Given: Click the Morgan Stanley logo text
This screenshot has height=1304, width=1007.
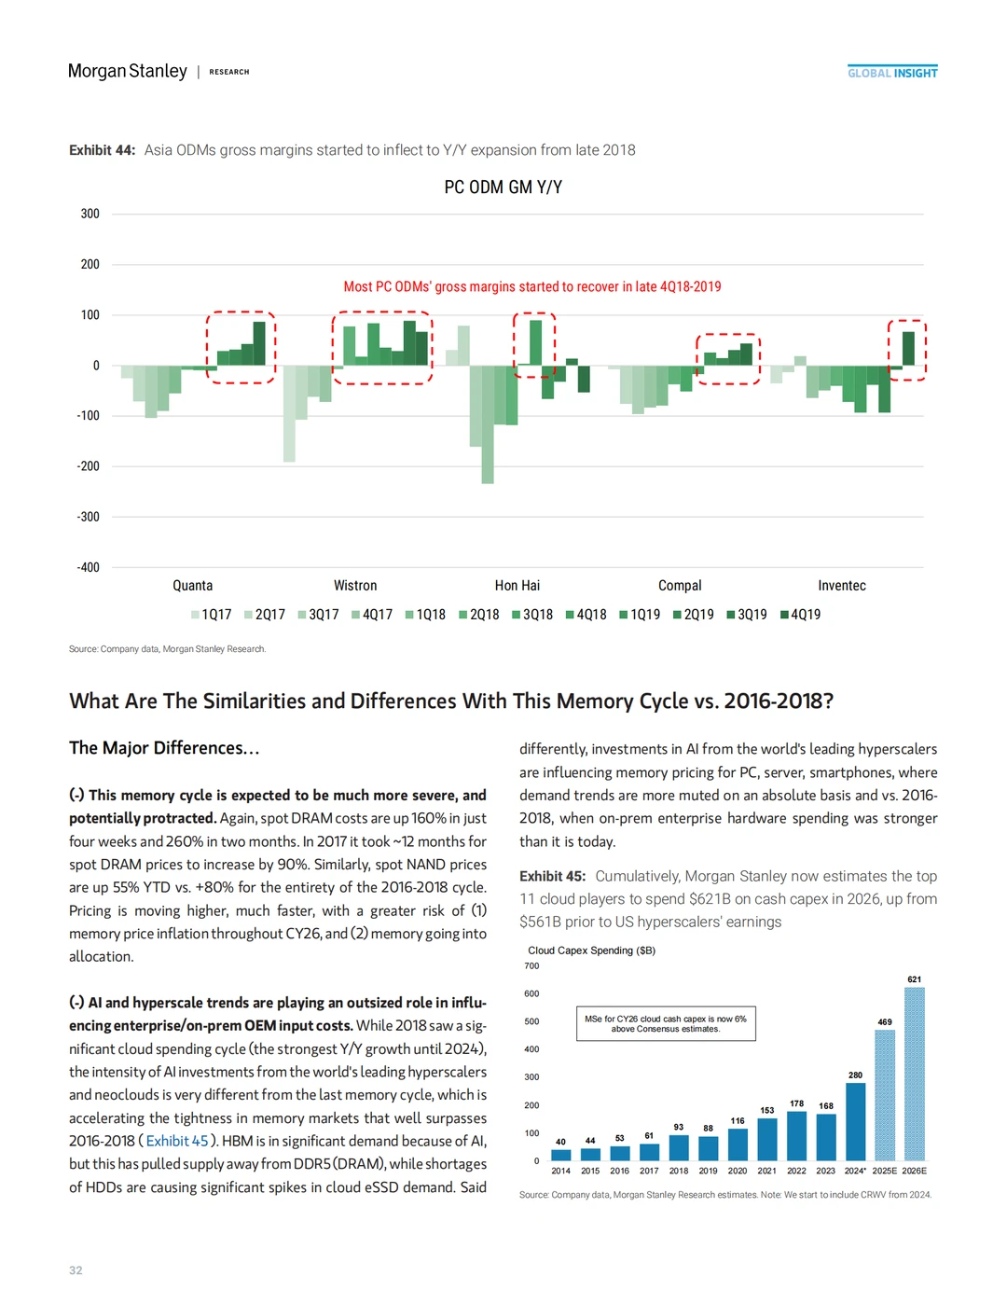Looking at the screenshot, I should click(128, 71).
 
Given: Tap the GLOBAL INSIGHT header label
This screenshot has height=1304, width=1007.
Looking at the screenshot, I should click(892, 73).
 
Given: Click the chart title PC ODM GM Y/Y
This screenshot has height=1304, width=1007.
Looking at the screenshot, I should click(503, 187).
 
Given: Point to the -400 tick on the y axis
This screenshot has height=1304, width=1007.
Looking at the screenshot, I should click(89, 567).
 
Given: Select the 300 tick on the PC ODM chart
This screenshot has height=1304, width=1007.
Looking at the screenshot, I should click(90, 214).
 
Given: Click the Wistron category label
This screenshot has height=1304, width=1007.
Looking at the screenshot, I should click(355, 586).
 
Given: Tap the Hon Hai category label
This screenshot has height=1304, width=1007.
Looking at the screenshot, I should click(517, 586).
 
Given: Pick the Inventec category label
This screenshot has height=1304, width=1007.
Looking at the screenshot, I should click(841, 586).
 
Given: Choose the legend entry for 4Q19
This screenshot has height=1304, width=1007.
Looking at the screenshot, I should click(801, 615).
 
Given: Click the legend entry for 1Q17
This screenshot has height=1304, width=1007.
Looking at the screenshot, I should click(212, 615).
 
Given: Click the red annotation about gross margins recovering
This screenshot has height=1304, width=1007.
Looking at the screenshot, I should click(531, 287).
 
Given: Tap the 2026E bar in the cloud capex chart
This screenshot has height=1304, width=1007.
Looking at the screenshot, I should click(914, 1073).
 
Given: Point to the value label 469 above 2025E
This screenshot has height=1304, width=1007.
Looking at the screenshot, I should click(885, 1022).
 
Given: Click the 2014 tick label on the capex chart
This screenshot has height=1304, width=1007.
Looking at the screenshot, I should click(560, 1171).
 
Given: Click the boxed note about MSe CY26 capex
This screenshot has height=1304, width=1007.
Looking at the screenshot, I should click(666, 1023).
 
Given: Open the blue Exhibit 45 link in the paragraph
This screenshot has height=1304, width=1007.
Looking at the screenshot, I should click(177, 1141).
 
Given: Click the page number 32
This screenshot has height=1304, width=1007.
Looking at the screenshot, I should click(76, 1270).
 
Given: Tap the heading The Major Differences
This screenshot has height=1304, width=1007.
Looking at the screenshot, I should click(164, 748).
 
